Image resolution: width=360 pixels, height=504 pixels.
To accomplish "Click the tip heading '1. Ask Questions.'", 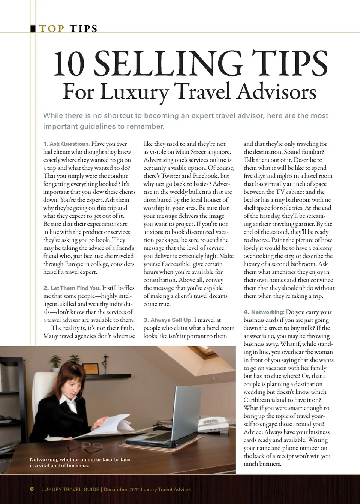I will coord(66,144).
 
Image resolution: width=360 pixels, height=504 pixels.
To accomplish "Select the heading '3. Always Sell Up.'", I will coord(168,320).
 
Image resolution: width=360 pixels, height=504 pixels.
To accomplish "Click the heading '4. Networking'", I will coord(264,312).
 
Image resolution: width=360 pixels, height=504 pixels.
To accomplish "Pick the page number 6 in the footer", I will coord(32,489).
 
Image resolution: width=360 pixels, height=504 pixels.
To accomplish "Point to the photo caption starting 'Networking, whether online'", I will coord(81,462).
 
